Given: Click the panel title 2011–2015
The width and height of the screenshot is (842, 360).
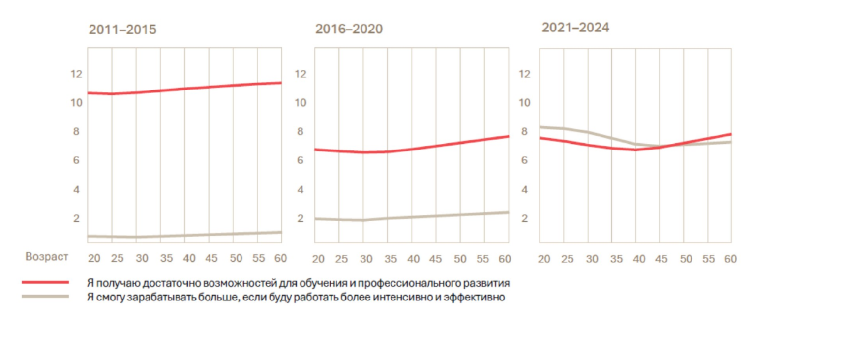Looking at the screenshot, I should (x=122, y=30).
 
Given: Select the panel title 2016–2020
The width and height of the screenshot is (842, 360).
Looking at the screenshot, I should (x=349, y=29).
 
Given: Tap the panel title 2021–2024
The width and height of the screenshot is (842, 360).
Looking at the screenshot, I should (x=575, y=28).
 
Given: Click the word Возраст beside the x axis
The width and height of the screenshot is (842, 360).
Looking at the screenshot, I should (x=47, y=257).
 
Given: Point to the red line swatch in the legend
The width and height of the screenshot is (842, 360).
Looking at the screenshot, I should (x=45, y=282).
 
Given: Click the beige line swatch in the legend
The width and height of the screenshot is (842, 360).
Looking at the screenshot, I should (x=45, y=296).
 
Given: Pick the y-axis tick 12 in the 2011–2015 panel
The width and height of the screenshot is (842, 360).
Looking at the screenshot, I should (x=76, y=74).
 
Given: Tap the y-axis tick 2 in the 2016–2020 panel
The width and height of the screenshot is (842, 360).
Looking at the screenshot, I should (x=301, y=218).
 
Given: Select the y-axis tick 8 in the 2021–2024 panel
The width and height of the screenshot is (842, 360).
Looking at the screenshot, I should (x=524, y=132).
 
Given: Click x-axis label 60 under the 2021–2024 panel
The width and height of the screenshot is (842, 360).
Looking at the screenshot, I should (x=730, y=259).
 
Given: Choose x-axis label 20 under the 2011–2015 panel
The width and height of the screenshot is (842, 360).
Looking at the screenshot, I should (x=94, y=259).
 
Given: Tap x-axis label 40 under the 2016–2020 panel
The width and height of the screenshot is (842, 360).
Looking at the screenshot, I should (x=413, y=259).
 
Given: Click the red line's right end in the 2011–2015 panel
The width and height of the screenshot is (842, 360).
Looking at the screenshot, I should (x=281, y=83).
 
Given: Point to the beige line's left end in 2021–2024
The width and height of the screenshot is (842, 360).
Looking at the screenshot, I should (x=540, y=127).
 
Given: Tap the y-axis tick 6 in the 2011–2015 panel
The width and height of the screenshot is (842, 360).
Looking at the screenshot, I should (x=76, y=160).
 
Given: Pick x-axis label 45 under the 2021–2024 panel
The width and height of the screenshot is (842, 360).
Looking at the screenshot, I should (x=661, y=259).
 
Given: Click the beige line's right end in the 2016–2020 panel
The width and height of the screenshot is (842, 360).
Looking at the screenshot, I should (x=508, y=212).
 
